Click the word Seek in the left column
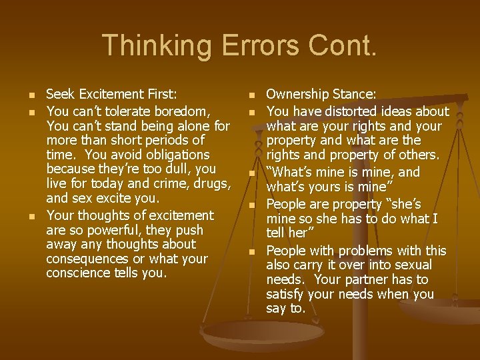pyautogui.click(x=60, y=95)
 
